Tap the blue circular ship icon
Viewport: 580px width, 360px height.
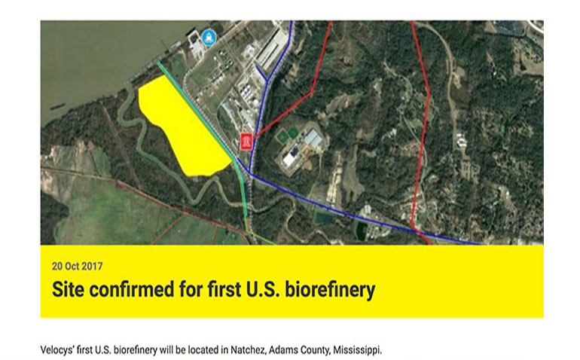pyautogui.click(x=209, y=38)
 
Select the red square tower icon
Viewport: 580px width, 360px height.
pyautogui.click(x=246, y=142)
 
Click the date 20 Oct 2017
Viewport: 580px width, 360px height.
pyautogui.click(x=78, y=266)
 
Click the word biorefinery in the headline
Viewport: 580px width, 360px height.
pyautogui.click(x=330, y=289)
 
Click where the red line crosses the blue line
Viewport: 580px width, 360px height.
pyautogui.click(x=416, y=230)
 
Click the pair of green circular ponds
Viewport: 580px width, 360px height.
pyautogui.click(x=288, y=134)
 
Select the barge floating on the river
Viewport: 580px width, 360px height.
pyautogui.click(x=56, y=107)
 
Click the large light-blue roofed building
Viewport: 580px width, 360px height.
pyautogui.click(x=313, y=138)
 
